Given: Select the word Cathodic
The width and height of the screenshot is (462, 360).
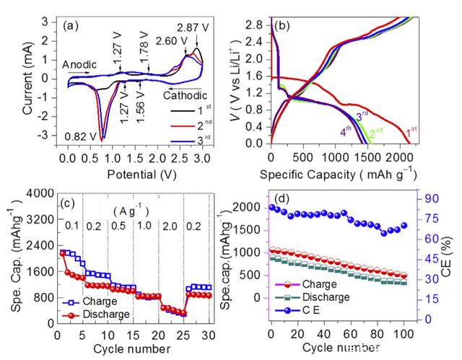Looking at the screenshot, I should pos(185,95).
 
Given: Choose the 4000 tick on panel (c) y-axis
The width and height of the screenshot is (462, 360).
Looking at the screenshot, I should pos(42,192).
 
